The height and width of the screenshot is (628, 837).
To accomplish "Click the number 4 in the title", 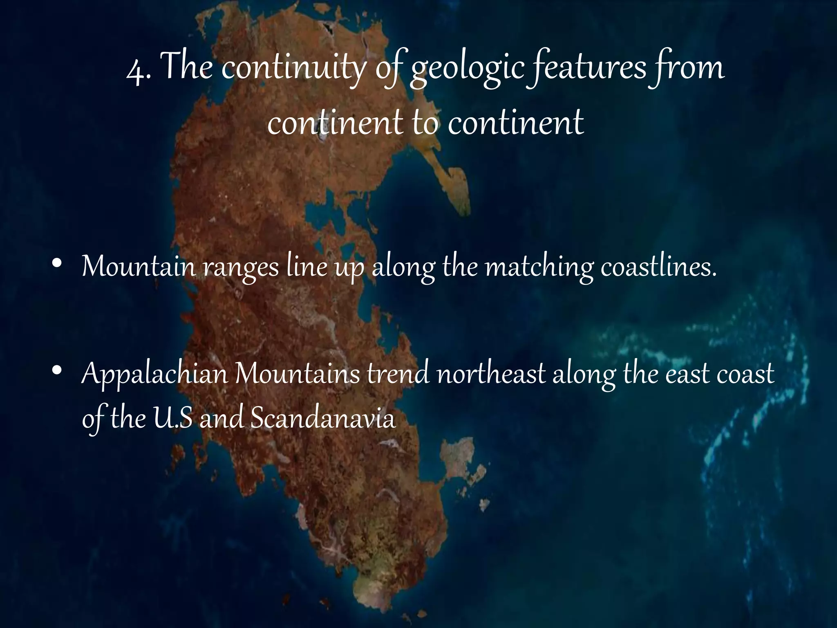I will pyautogui.click(x=135, y=70).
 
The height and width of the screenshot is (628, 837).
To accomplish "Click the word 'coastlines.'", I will pyautogui.click(x=659, y=267).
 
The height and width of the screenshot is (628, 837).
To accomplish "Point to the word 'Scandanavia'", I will pyautogui.click(x=323, y=419).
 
